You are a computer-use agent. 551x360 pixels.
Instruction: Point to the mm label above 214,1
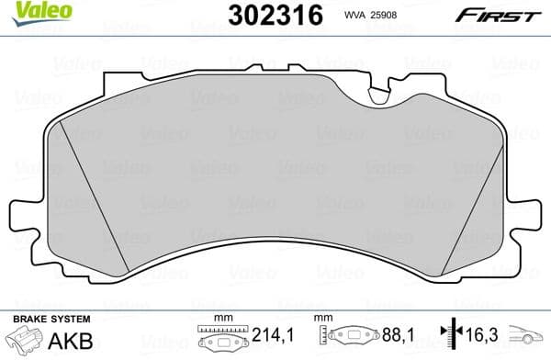pos(219,319)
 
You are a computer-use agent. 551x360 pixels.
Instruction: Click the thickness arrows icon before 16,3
pos(448,338)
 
